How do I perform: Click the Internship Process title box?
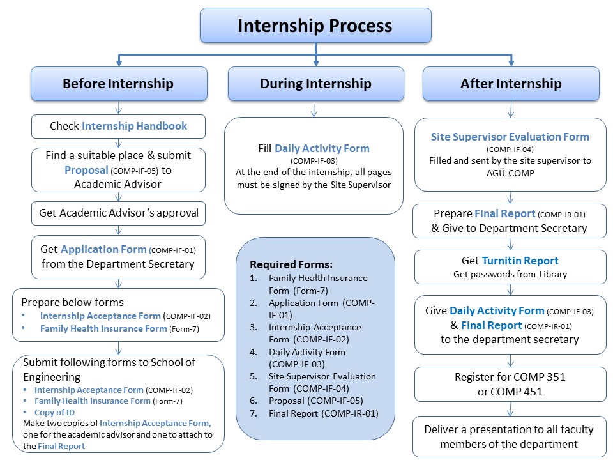click(x=315, y=26)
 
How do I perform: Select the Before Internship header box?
click(x=119, y=84)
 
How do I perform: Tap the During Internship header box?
click(x=315, y=84)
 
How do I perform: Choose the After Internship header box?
click(x=511, y=84)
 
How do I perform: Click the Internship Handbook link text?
click(x=135, y=126)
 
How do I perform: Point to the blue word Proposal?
click(x=86, y=170)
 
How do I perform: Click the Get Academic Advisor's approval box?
click(x=119, y=213)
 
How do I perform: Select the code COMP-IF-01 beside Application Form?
click(x=172, y=250)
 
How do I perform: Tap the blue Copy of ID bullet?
click(x=54, y=412)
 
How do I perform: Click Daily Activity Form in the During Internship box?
click(x=322, y=148)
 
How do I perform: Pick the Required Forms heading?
click(x=291, y=264)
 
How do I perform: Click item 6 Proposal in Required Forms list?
click(x=316, y=401)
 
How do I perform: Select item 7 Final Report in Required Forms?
click(x=323, y=413)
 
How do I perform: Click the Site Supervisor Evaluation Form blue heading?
click(x=510, y=137)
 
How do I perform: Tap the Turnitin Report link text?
click(x=520, y=261)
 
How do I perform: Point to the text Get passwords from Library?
click(x=510, y=274)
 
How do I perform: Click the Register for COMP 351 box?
click(x=510, y=384)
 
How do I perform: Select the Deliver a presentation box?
click(x=510, y=437)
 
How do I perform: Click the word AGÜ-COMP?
click(x=510, y=173)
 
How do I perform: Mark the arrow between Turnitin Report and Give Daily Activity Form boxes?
click(x=510, y=290)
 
